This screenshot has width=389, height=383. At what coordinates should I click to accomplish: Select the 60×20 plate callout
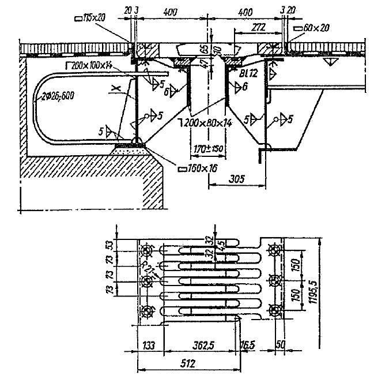tap(312, 27)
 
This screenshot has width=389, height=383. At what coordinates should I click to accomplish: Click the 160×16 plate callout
tap(197, 169)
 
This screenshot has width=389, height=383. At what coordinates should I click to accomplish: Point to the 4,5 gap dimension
tap(221, 243)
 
